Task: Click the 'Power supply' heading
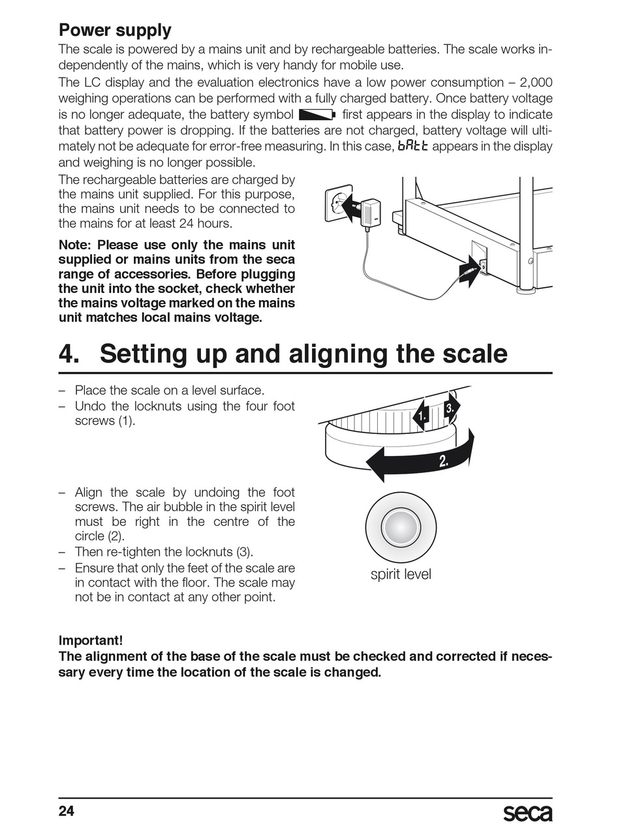tap(115, 31)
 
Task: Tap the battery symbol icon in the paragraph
tap(317, 114)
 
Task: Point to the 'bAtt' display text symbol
tap(413, 146)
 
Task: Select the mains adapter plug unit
tap(369, 213)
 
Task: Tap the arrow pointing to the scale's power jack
tap(469, 271)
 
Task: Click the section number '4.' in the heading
tap(69, 354)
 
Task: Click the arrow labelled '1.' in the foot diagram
tap(421, 416)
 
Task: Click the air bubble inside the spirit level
tap(401, 527)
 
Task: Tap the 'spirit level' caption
tap(401, 574)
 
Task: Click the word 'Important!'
tap(91, 640)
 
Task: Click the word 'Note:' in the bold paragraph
tap(74, 245)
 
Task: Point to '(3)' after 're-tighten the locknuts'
tap(243, 552)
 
